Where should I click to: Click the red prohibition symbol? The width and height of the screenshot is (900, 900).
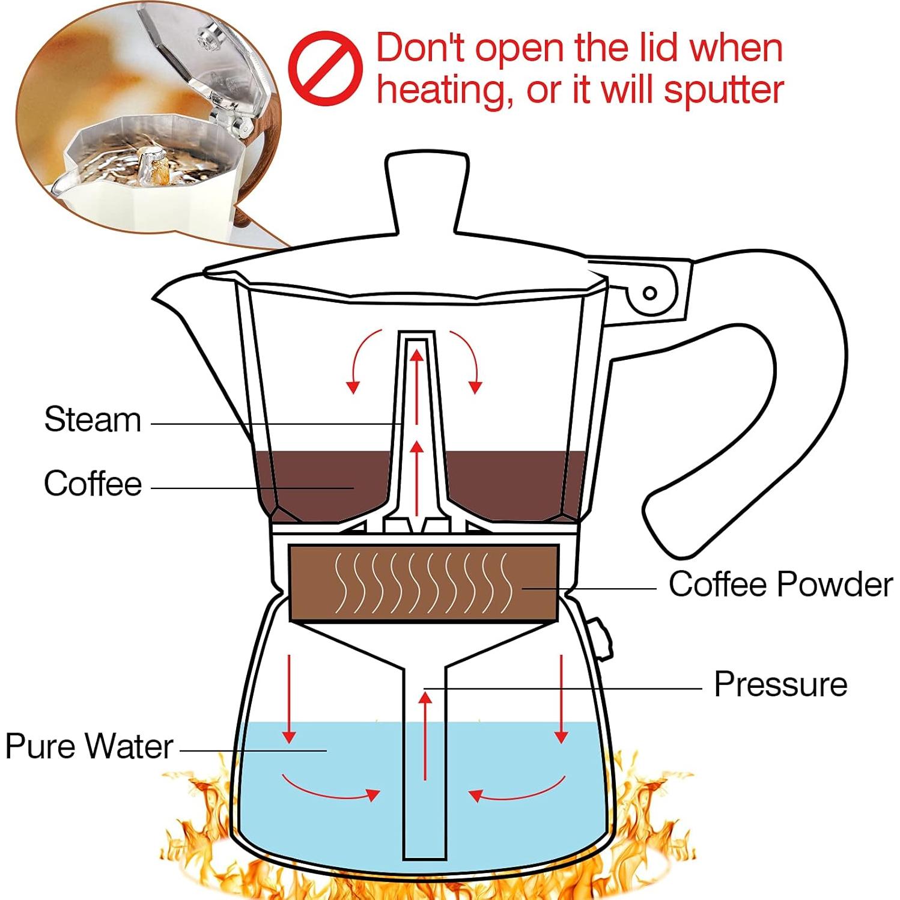coord(325,68)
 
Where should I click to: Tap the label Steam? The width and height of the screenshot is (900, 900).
coord(93,419)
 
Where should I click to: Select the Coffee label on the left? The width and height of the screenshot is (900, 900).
coord(93,483)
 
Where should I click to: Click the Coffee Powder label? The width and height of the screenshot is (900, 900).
coord(780,584)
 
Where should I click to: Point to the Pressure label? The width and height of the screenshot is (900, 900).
coord(780,684)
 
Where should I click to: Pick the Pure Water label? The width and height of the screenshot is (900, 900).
coord(89,746)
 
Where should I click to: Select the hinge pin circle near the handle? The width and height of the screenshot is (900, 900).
coord(649,293)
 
